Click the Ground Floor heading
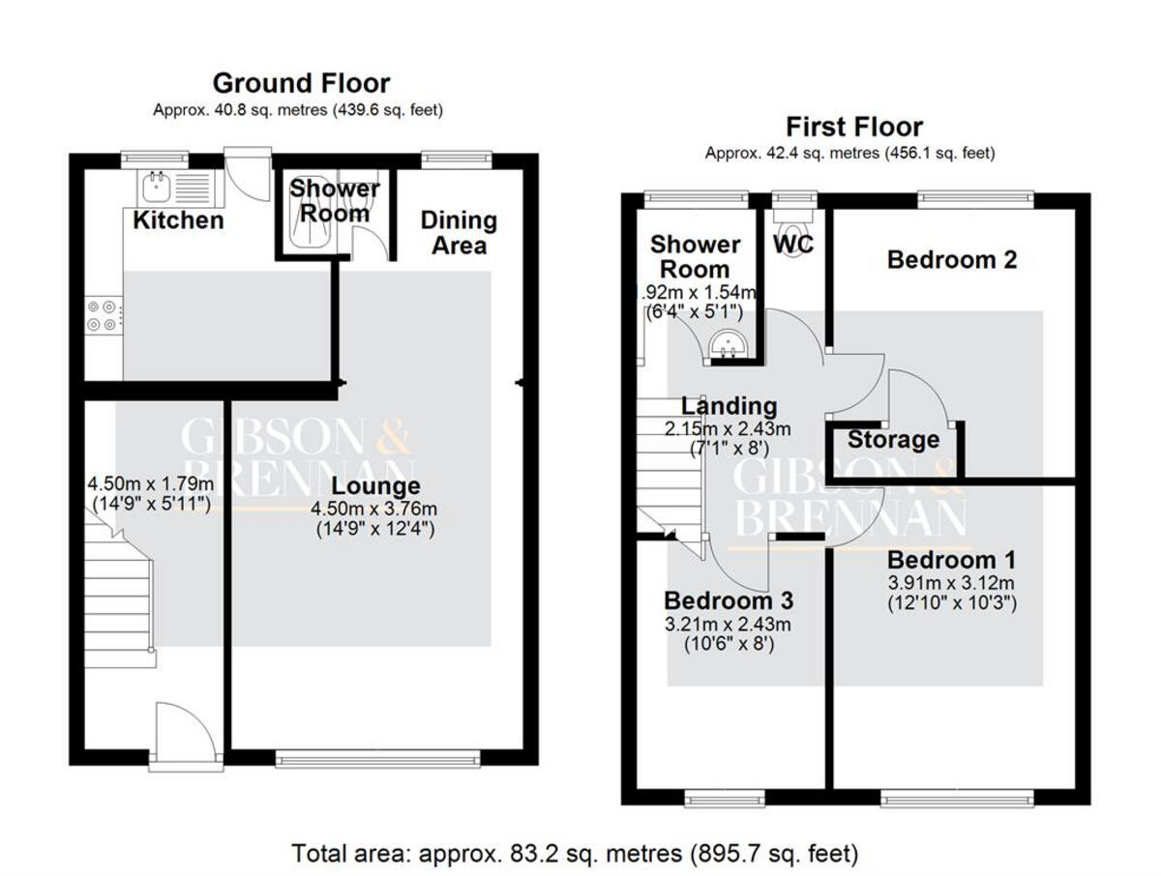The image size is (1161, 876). pos(301,83)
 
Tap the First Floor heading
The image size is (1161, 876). pos(854,127)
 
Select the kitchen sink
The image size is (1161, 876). pos(157,188)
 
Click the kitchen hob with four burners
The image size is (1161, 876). pos(104,315)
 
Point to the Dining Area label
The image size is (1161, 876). pos(459,233)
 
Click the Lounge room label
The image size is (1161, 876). pos(375,486)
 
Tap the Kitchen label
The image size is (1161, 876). pos(178,220)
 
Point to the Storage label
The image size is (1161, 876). pos(893,440)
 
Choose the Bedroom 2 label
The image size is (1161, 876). pos(952,260)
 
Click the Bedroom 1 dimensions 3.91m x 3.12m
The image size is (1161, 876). pos(951,583)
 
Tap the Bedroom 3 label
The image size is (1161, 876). pos(729,600)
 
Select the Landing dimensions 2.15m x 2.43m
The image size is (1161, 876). pos(728,429)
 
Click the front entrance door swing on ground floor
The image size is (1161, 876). pos(186,731)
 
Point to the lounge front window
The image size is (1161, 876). pos(377,760)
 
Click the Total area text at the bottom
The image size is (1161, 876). pos(575,854)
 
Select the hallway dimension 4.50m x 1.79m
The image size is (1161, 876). pos(151,483)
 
